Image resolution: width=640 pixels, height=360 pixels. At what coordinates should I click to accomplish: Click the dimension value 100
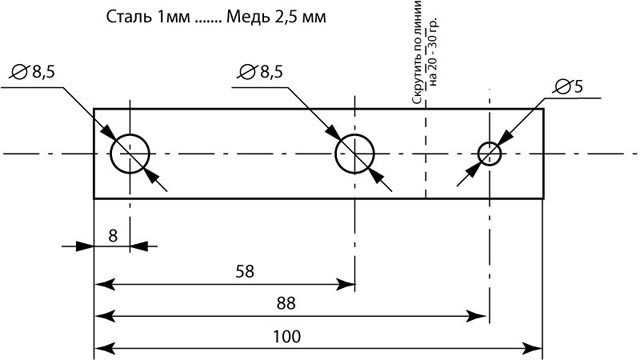[x=287, y=337]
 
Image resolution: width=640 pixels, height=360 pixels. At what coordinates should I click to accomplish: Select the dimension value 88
[x=286, y=304]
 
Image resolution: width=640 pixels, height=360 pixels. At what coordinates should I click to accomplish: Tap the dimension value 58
[x=244, y=271]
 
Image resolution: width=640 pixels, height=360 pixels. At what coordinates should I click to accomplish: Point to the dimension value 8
[x=113, y=236]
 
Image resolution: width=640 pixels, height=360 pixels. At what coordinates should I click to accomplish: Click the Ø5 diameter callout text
[x=569, y=87]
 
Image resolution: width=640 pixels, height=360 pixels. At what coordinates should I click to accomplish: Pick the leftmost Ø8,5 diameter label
[x=33, y=72]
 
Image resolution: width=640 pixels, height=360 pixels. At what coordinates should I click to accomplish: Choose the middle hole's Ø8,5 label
[x=260, y=72]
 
